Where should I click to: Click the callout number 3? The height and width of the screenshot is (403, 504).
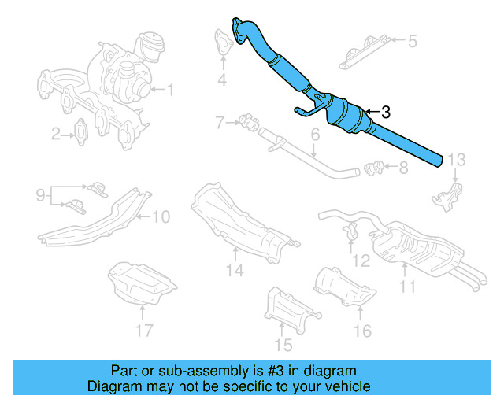(x=385, y=113)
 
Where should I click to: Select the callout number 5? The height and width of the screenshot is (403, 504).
(x=412, y=39)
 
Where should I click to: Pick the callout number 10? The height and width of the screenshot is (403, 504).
(x=161, y=216)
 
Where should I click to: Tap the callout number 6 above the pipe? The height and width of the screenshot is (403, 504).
(x=314, y=135)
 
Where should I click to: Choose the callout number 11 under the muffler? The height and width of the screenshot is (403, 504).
(x=406, y=287)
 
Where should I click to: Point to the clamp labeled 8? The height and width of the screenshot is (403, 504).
(x=375, y=167)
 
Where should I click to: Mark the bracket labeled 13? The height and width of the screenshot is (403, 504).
(x=447, y=194)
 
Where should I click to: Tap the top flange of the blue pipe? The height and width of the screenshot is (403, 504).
(x=238, y=26)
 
